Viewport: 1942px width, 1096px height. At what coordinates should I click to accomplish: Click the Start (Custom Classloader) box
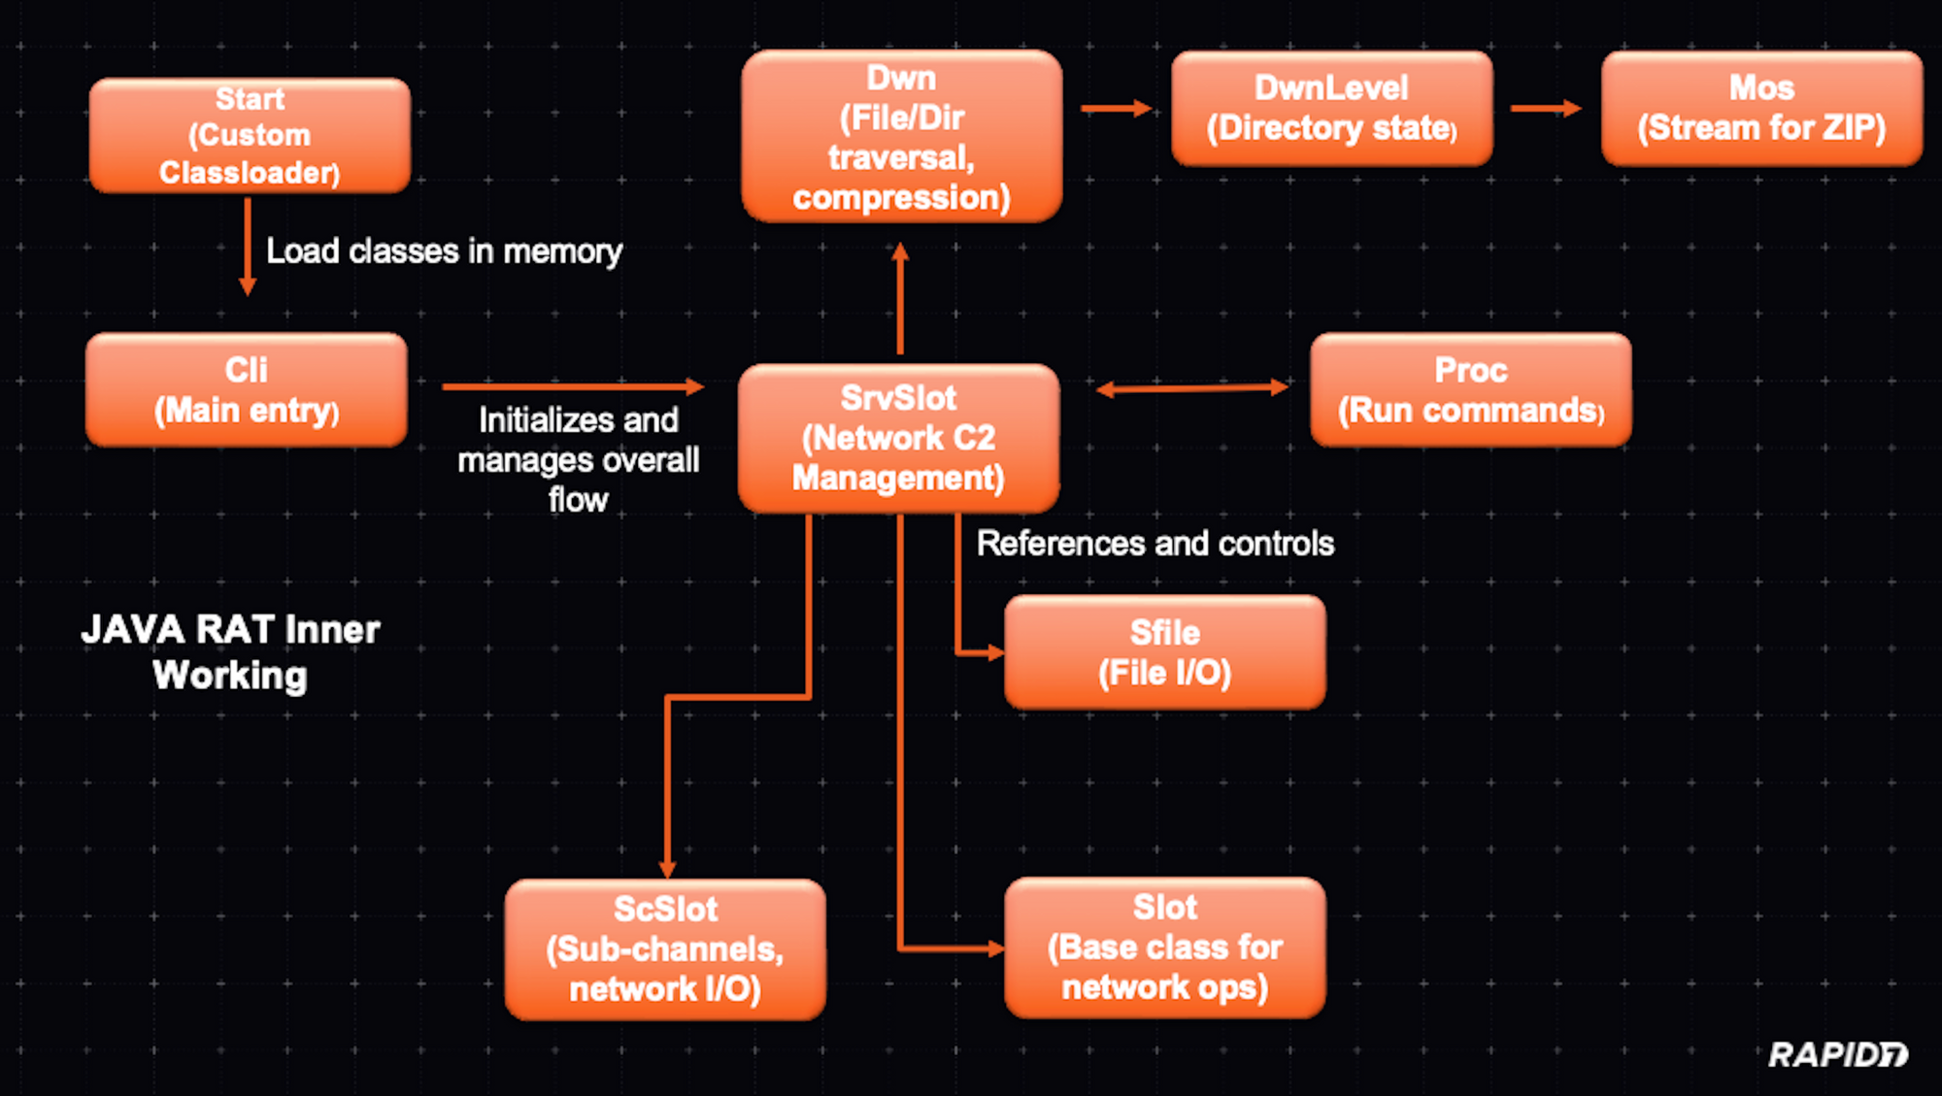click(250, 136)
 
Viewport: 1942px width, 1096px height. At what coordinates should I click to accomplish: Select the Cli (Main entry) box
click(247, 390)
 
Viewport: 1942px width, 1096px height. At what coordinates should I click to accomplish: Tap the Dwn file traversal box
click(901, 137)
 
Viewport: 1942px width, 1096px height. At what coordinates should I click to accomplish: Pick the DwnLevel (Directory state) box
click(1331, 109)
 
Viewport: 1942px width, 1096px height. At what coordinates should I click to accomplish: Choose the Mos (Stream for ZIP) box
click(1761, 109)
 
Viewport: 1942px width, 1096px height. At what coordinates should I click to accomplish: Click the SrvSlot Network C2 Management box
click(898, 438)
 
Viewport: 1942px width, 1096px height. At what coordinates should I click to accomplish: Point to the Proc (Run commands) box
click(1470, 390)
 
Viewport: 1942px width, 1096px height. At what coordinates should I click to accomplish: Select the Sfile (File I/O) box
click(1164, 652)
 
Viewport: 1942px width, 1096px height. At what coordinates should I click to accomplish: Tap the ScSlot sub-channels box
click(665, 949)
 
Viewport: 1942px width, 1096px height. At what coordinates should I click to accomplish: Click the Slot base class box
click(1164, 947)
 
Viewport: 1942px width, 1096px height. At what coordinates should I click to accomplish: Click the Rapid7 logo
click(1837, 1054)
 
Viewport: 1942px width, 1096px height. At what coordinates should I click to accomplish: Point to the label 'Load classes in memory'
click(444, 251)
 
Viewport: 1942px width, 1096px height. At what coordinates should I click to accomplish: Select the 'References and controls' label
click(1155, 544)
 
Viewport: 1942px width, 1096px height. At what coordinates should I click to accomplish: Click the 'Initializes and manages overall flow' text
click(578, 459)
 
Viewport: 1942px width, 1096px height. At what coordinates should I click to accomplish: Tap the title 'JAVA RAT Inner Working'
click(230, 652)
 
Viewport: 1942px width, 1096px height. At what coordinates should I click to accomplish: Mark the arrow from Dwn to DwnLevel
click(1116, 109)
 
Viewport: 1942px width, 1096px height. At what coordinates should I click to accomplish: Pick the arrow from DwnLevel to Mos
click(1546, 109)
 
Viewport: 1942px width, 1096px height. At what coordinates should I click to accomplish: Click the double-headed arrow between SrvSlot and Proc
click(1192, 389)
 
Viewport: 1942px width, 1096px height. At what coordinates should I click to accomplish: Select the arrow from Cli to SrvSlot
click(572, 386)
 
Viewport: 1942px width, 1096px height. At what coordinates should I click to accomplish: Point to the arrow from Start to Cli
click(248, 247)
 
